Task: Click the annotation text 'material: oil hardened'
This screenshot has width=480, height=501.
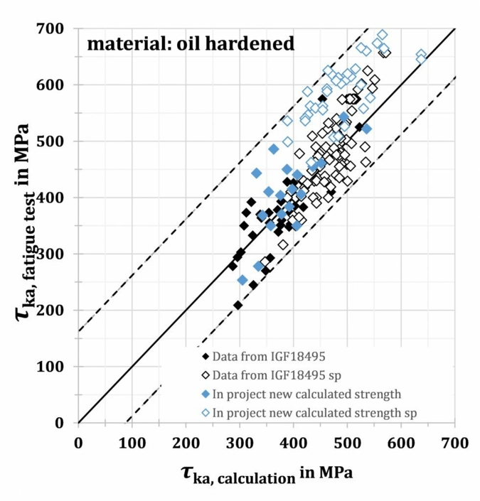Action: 190,45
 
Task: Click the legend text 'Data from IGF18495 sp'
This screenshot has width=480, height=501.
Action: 277,372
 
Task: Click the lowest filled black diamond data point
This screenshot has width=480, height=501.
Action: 238,305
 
